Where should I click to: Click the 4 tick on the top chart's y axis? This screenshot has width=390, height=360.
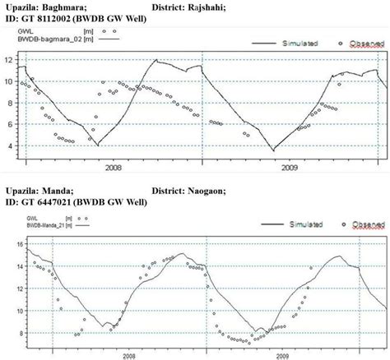click(9, 146)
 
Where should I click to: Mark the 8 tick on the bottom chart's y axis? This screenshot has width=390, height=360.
click(9, 332)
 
